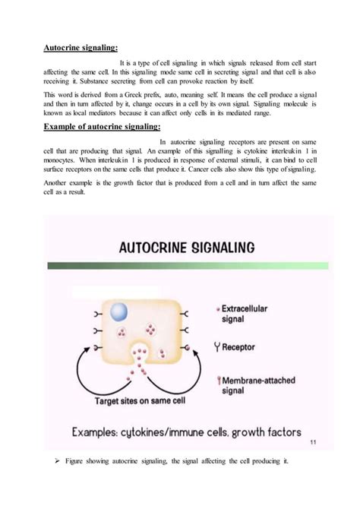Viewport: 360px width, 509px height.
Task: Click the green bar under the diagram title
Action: tap(188, 265)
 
